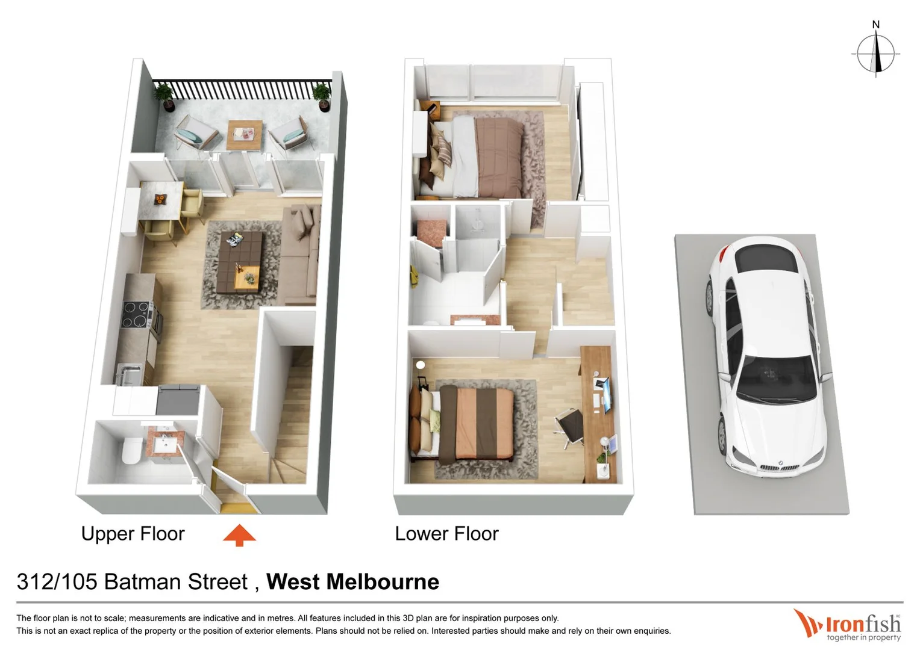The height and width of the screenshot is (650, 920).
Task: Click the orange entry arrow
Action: click(239, 534)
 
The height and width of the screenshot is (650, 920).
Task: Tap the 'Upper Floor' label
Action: click(133, 534)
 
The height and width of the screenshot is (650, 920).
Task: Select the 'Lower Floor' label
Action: click(446, 534)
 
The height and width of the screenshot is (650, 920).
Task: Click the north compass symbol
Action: click(875, 53)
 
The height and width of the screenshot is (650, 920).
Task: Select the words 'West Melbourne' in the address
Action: click(352, 582)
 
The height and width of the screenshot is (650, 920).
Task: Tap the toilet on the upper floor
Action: click(131, 450)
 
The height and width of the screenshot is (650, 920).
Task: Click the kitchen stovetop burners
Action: click(136, 314)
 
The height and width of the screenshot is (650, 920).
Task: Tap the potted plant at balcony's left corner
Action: click(163, 96)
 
